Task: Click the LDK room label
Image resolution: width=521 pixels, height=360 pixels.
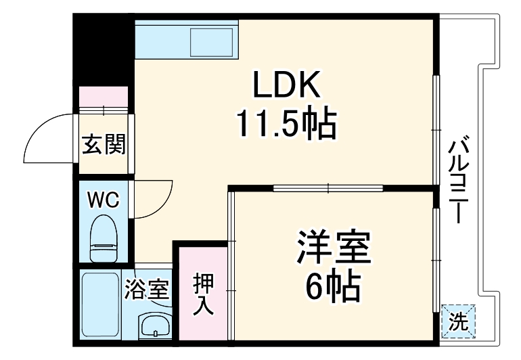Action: (x=285, y=86)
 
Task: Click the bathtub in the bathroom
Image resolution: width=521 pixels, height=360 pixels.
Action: (x=99, y=304)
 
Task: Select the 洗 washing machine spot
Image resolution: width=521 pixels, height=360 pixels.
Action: (x=459, y=321)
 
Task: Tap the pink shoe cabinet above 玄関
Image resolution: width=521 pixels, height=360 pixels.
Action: (x=104, y=97)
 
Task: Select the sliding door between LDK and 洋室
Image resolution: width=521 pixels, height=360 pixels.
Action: (x=328, y=188)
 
